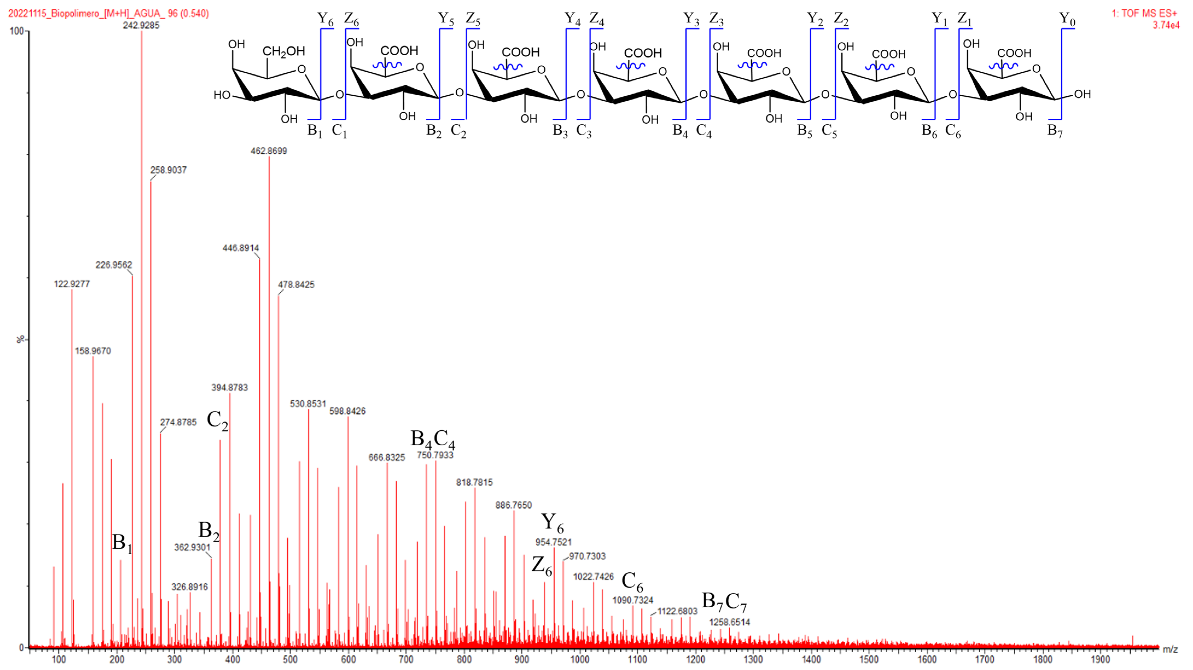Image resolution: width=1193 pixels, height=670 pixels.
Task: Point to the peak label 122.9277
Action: tap(72, 284)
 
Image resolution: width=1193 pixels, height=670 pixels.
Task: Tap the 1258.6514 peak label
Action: tap(730, 622)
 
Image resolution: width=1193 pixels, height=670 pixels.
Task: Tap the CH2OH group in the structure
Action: tap(284, 51)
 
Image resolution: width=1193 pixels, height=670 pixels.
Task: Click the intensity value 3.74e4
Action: tap(1166, 25)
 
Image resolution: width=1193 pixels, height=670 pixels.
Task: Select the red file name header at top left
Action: tap(108, 13)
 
